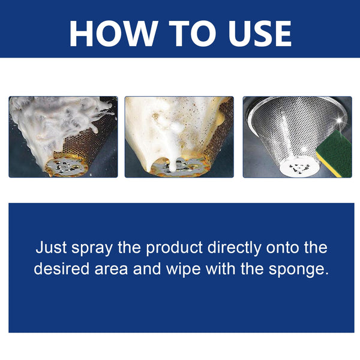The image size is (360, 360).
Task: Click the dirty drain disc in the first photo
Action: (x=67, y=165)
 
